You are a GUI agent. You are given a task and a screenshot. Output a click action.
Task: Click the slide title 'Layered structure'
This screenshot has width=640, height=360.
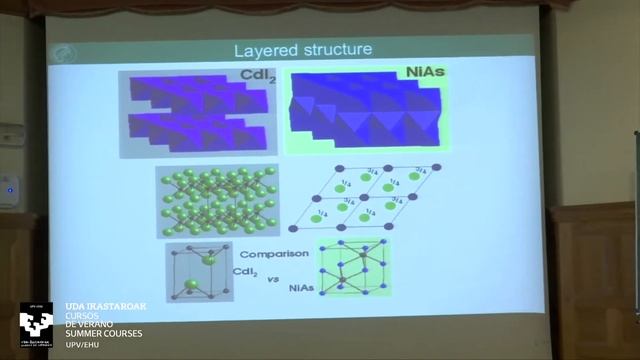302,49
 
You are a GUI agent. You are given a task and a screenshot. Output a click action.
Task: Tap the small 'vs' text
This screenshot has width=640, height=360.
272,279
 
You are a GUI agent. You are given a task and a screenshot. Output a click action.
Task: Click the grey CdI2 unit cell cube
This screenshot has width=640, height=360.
198,272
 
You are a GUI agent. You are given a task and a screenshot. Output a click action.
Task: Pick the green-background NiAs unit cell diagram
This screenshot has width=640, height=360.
352,268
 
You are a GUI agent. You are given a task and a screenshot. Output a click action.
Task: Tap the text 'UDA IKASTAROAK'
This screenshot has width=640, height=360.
104,307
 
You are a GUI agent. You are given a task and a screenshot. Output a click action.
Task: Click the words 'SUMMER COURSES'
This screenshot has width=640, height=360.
104,333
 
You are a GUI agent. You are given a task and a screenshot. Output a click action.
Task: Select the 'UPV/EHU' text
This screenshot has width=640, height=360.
82,345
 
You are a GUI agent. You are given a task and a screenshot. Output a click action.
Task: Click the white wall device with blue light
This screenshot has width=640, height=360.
9,189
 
